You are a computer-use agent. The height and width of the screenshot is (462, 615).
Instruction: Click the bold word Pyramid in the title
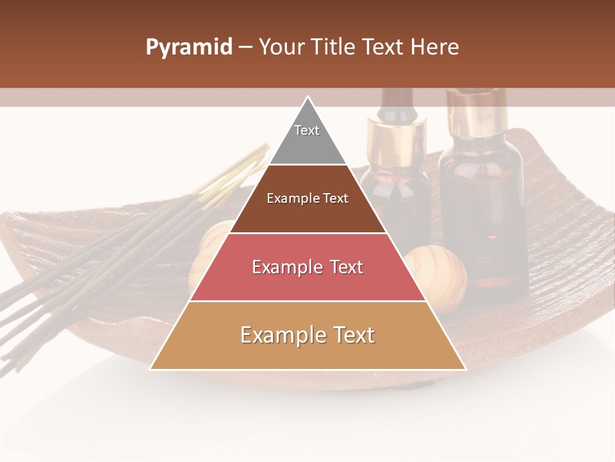(x=188, y=47)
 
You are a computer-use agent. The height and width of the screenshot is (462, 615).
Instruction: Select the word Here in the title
(x=435, y=47)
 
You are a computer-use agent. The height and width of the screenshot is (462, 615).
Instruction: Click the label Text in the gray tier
(x=307, y=130)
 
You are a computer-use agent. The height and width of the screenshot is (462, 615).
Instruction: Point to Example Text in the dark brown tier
(x=307, y=198)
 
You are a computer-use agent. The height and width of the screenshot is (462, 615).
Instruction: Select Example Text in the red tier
(x=307, y=267)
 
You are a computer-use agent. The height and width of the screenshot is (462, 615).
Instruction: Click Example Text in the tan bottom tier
(x=307, y=335)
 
